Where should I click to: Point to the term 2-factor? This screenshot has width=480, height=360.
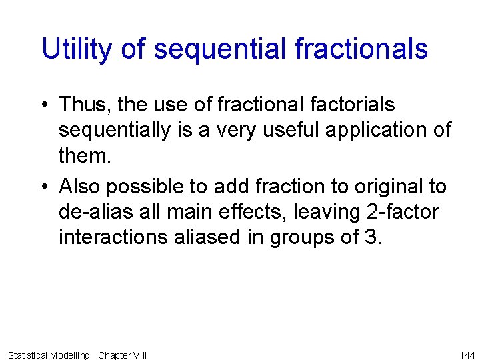tap(400, 213)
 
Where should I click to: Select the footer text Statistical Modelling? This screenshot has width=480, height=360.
tap(49, 355)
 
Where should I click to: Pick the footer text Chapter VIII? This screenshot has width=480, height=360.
tap(122, 355)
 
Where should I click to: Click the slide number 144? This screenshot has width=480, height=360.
tap(467, 355)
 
